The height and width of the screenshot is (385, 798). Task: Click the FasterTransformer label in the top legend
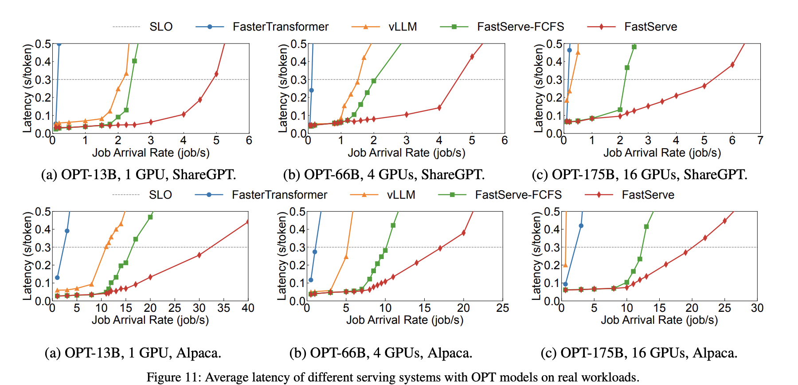(x=280, y=27)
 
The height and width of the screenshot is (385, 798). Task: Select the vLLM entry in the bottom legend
(x=401, y=195)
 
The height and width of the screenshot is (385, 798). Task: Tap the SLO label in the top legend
(x=161, y=27)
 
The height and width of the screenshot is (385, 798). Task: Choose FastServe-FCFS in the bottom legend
(x=518, y=195)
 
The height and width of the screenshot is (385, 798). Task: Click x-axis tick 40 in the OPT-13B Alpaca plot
(x=248, y=308)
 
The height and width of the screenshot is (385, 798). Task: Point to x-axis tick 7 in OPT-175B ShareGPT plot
(x=760, y=141)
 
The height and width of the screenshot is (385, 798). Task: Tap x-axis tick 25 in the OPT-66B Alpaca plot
(x=502, y=308)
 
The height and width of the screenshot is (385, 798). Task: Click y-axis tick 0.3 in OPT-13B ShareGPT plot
(x=43, y=80)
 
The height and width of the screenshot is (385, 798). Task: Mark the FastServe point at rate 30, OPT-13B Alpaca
(x=199, y=255)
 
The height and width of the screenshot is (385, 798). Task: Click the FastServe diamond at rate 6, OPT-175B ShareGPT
(x=732, y=65)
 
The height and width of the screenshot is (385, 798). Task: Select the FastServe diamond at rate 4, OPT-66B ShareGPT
(x=439, y=108)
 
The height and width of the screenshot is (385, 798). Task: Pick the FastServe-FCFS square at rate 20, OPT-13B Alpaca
(x=150, y=217)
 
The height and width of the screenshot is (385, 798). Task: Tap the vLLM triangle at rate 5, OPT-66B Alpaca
(x=346, y=257)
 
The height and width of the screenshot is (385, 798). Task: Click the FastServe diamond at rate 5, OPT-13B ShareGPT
(x=216, y=74)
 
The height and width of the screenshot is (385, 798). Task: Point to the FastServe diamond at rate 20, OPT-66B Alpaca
(x=464, y=233)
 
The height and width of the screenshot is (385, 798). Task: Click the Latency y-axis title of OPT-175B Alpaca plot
(x=537, y=256)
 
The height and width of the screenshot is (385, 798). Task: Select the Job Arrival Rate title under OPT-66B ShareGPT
(x=406, y=153)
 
